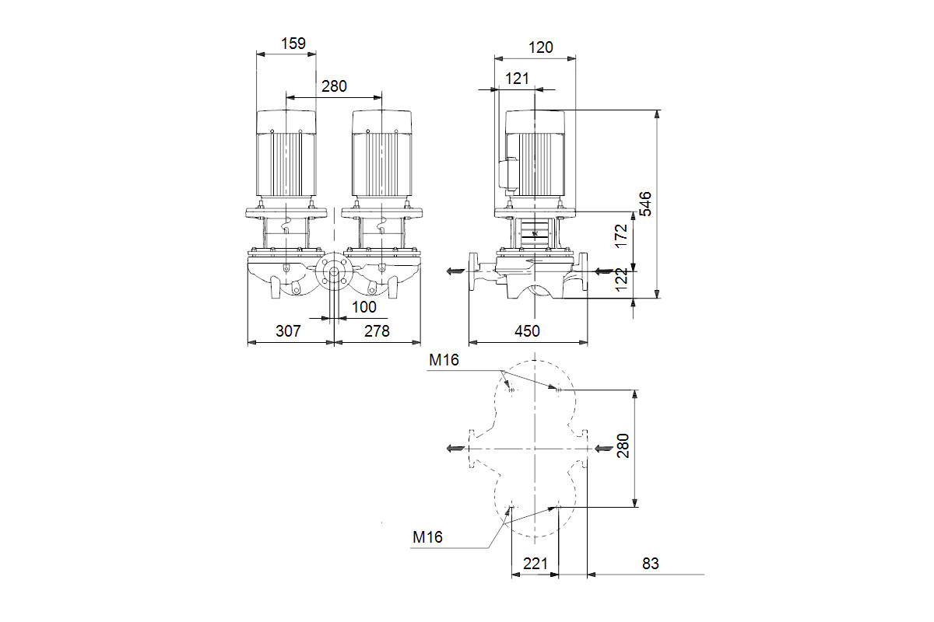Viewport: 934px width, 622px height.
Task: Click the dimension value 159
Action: (293, 44)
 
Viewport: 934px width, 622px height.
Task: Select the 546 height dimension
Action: (645, 204)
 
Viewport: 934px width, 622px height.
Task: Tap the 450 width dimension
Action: (527, 331)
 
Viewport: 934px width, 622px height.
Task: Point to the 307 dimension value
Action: (288, 331)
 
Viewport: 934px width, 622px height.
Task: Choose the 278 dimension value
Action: (377, 331)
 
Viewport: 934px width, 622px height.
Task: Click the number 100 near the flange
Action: (364, 307)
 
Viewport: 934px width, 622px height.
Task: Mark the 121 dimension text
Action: (517, 79)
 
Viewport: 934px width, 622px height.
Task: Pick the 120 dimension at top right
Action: (541, 47)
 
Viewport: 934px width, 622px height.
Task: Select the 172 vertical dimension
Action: (621, 236)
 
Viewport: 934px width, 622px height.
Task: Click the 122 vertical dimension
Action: (621, 280)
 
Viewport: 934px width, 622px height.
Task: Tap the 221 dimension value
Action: (535, 564)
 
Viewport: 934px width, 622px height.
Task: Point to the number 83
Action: (651, 564)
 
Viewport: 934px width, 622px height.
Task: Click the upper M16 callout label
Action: (444, 360)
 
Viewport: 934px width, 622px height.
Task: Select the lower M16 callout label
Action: (427, 537)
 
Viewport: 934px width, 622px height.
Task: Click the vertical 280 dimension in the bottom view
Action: (623, 446)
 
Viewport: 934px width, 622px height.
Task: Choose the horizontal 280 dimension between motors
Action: (334, 86)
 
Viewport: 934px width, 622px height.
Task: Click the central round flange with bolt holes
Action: (334, 271)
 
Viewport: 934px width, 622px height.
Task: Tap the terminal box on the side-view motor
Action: (508, 175)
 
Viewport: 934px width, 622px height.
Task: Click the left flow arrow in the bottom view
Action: (455, 449)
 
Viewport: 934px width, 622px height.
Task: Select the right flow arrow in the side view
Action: (604, 271)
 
